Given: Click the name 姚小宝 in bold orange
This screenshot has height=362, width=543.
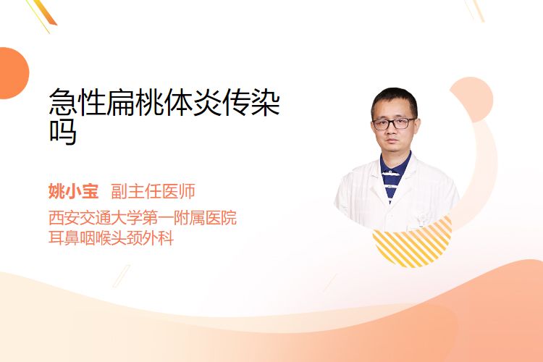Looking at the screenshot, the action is click(73, 191).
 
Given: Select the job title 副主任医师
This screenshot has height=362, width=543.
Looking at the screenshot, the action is click(153, 191).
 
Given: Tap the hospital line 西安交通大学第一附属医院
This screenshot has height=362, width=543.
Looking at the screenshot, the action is click(143, 217).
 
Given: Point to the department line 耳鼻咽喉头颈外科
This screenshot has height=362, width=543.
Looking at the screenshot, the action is click(111, 238).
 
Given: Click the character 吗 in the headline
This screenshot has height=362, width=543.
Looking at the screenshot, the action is click(63, 132).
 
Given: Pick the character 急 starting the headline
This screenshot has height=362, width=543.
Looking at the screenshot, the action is click(63, 102).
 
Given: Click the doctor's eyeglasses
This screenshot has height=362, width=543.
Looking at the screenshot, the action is click(394, 123).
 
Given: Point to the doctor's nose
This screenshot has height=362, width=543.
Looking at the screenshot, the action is click(392, 130).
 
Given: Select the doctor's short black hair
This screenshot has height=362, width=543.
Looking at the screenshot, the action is click(394, 101).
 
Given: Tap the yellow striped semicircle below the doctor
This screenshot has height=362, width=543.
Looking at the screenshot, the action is click(412, 243).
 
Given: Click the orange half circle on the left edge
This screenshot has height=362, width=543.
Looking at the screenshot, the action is click(13, 73).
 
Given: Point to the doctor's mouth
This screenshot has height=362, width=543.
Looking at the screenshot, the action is click(391, 141).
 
